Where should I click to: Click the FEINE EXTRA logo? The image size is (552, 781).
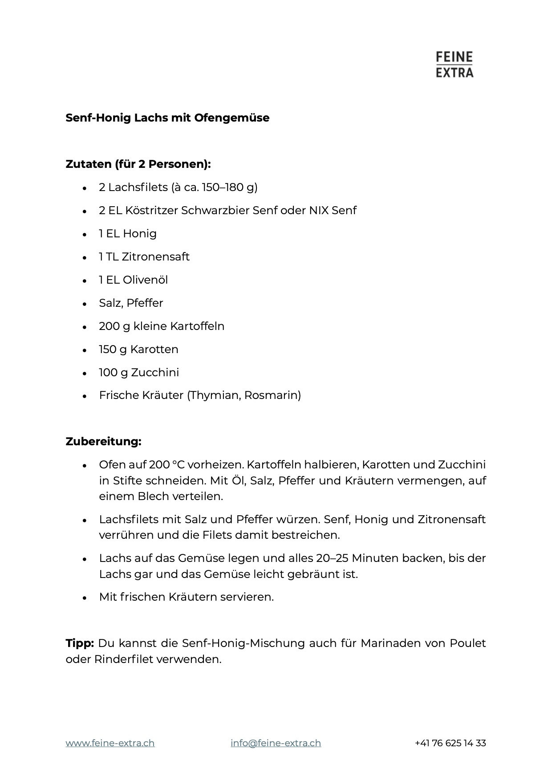click(454, 65)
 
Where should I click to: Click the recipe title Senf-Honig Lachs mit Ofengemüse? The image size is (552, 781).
click(167, 118)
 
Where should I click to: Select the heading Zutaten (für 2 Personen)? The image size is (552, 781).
click(138, 164)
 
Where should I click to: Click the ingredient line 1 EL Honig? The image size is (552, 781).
click(128, 234)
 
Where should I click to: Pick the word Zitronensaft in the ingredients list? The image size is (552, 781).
click(155, 257)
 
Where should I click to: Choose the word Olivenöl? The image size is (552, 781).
click(145, 280)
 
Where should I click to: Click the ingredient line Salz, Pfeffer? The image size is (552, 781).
click(131, 303)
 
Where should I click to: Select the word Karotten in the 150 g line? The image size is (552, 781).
click(154, 350)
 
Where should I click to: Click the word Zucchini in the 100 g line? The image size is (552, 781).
click(155, 373)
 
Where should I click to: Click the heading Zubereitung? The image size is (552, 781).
click(103, 442)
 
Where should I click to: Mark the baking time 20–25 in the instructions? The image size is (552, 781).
click(330, 558)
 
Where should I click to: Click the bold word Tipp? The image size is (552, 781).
click(80, 643)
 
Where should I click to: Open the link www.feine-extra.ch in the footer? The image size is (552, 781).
click(110, 743)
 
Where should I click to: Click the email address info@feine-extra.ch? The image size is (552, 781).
click(276, 743)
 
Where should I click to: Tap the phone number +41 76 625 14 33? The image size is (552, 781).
click(450, 743)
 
